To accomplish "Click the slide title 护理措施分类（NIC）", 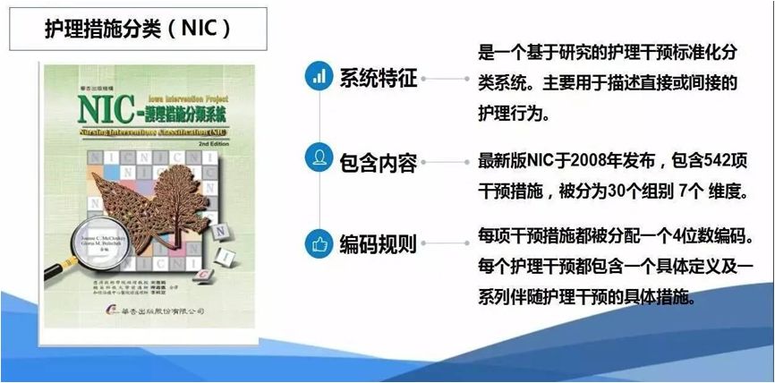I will (138, 28).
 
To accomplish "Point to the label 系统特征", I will (378, 77).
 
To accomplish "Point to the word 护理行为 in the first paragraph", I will (517, 115).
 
